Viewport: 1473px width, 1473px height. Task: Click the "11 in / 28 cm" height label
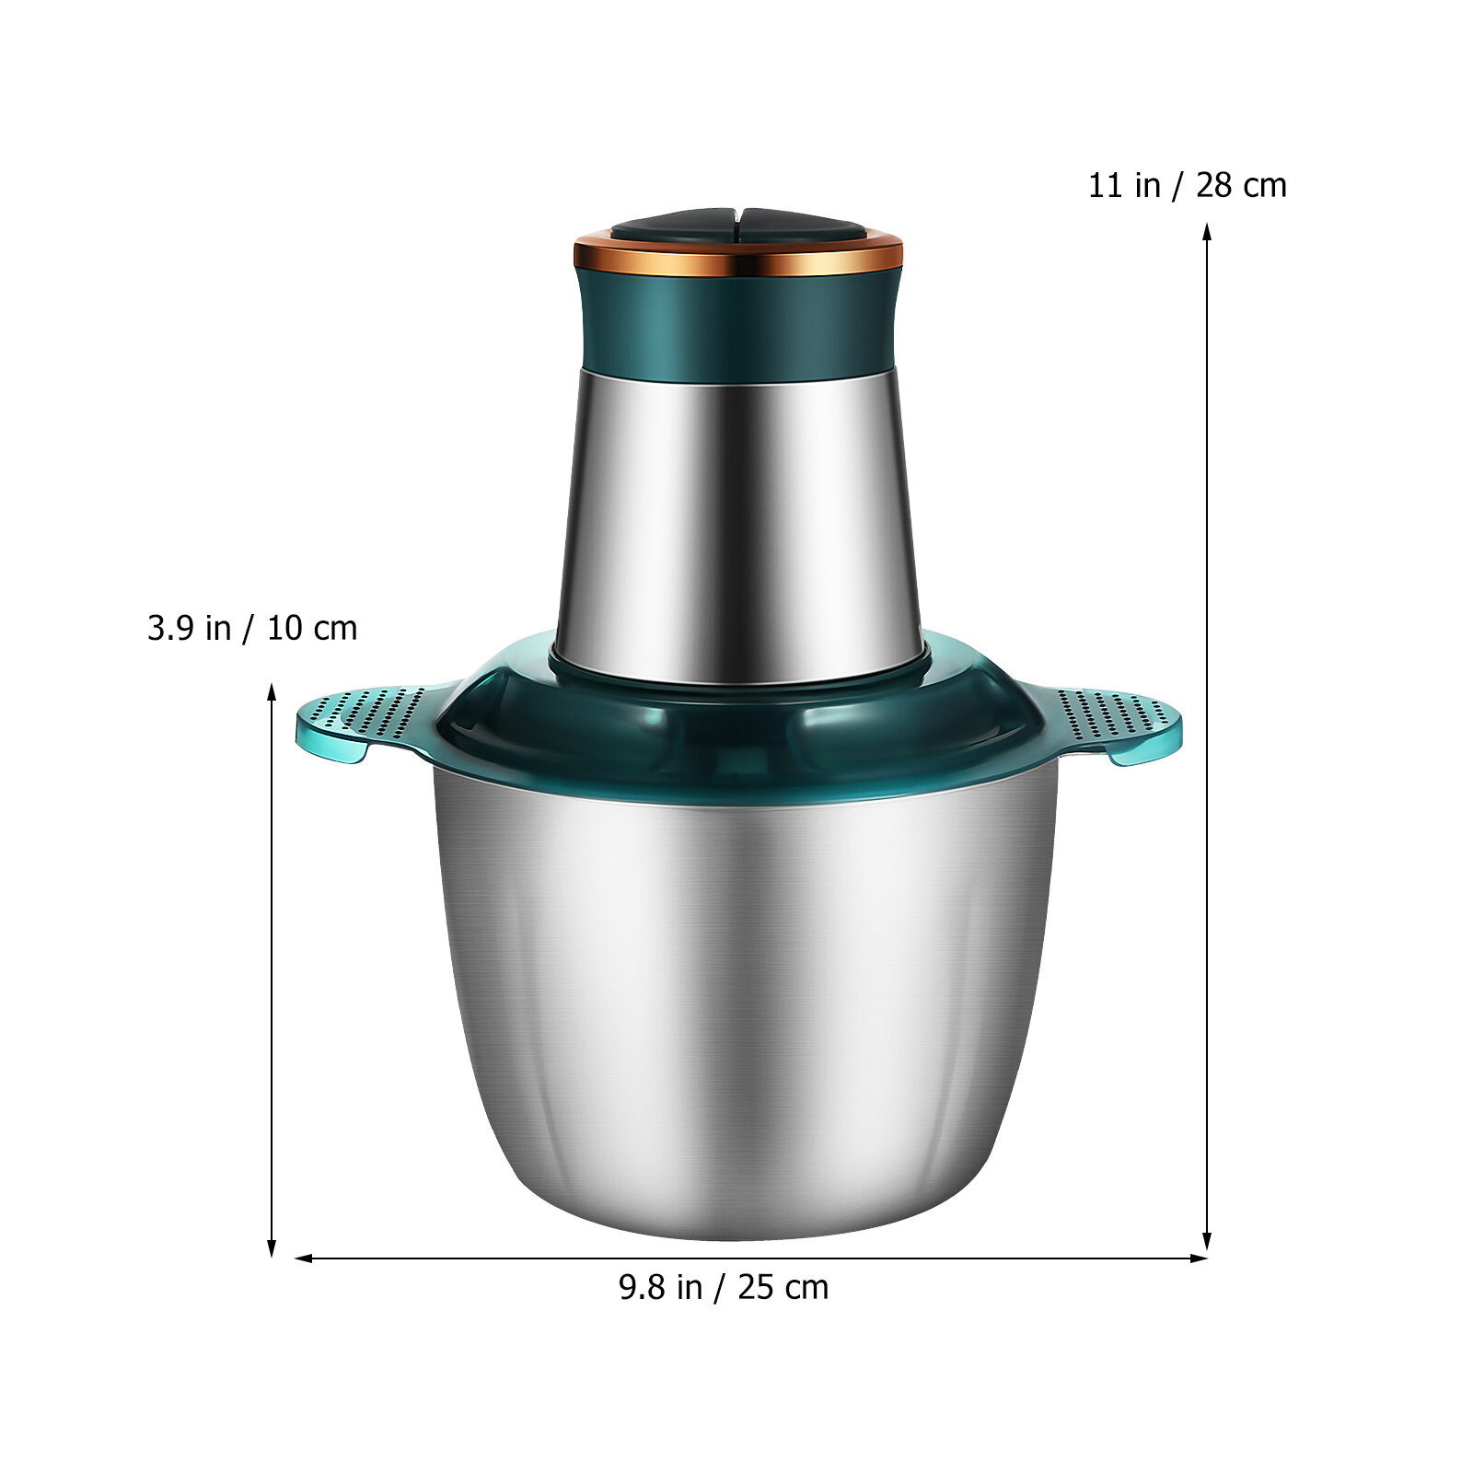1187,185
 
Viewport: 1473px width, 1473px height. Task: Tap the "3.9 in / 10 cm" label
252,628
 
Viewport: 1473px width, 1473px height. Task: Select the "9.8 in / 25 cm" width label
724,1287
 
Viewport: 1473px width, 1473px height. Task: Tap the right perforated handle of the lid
1109,723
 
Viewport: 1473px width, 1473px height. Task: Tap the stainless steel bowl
746,1003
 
